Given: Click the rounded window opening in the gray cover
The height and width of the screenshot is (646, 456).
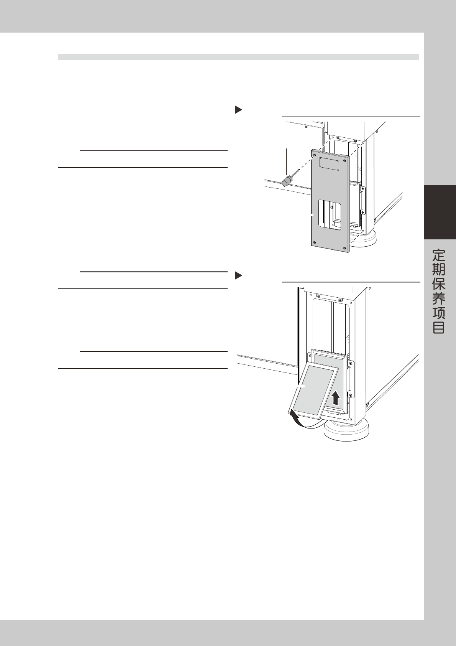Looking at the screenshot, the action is pyautogui.click(x=329, y=215).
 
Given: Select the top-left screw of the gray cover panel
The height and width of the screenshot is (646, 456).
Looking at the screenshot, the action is pyautogui.click(x=315, y=155).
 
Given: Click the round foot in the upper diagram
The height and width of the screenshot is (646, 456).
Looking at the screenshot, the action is pyautogui.click(x=364, y=240).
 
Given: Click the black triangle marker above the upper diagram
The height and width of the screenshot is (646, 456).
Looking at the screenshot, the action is pyautogui.click(x=238, y=110).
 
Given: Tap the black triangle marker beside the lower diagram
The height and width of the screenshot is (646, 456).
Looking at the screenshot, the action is pyautogui.click(x=238, y=275).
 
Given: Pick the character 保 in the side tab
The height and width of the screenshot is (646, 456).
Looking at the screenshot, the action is pyautogui.click(x=439, y=284).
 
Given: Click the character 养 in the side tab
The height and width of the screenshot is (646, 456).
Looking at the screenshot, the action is pyautogui.click(x=439, y=299).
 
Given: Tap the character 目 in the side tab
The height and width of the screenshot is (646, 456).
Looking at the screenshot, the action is pyautogui.click(x=439, y=328).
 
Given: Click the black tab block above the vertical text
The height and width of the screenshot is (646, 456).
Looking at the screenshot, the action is pyautogui.click(x=440, y=212).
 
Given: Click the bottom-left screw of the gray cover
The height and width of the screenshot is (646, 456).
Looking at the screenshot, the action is pyautogui.click(x=315, y=242).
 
